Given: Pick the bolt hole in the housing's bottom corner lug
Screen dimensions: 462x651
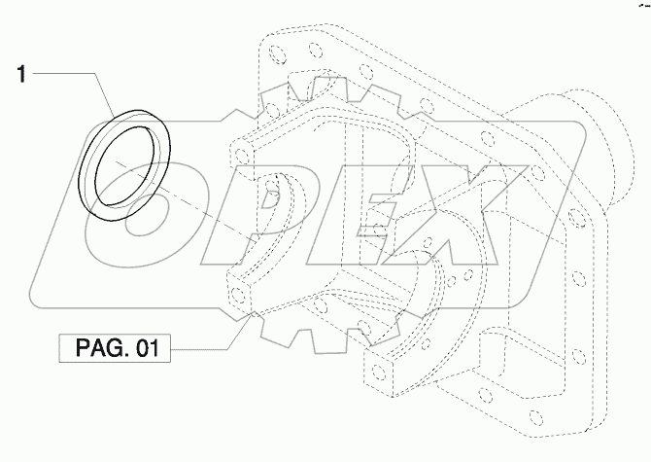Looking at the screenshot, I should coord(379,371).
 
